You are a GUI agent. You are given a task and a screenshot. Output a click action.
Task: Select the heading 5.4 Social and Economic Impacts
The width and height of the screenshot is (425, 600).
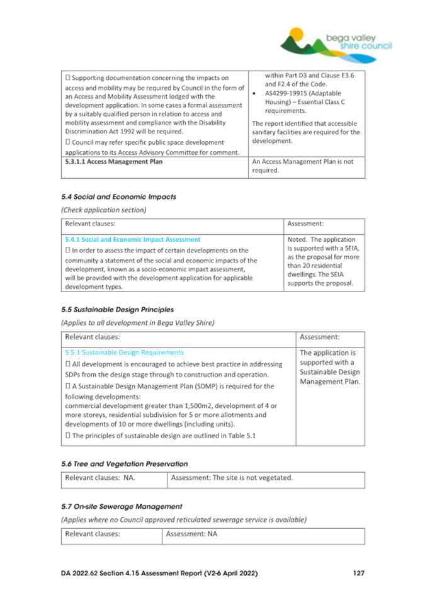click(x=118, y=196)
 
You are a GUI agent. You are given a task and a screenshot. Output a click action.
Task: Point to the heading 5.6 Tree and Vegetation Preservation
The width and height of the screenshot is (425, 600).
click(x=125, y=463)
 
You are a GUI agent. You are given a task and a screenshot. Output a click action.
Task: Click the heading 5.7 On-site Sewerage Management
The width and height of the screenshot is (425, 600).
click(x=122, y=506)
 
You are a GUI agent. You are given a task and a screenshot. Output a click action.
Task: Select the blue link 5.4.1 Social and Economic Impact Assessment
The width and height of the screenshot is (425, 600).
click(x=133, y=239)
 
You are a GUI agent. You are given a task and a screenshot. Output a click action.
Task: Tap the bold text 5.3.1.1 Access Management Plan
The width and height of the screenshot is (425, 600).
click(x=114, y=162)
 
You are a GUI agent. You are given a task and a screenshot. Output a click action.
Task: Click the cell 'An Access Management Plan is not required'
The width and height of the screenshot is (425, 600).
click(x=303, y=166)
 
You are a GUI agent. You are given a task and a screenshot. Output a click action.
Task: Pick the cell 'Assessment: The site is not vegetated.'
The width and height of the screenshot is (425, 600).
click(x=232, y=478)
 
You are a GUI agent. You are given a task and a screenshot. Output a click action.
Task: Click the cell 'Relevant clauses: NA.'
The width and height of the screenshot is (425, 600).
click(x=101, y=478)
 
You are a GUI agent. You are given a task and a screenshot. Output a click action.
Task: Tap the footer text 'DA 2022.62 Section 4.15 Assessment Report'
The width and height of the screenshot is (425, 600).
click(x=159, y=574)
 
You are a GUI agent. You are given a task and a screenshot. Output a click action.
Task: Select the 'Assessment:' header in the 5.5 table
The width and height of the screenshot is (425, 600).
click(x=320, y=337)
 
